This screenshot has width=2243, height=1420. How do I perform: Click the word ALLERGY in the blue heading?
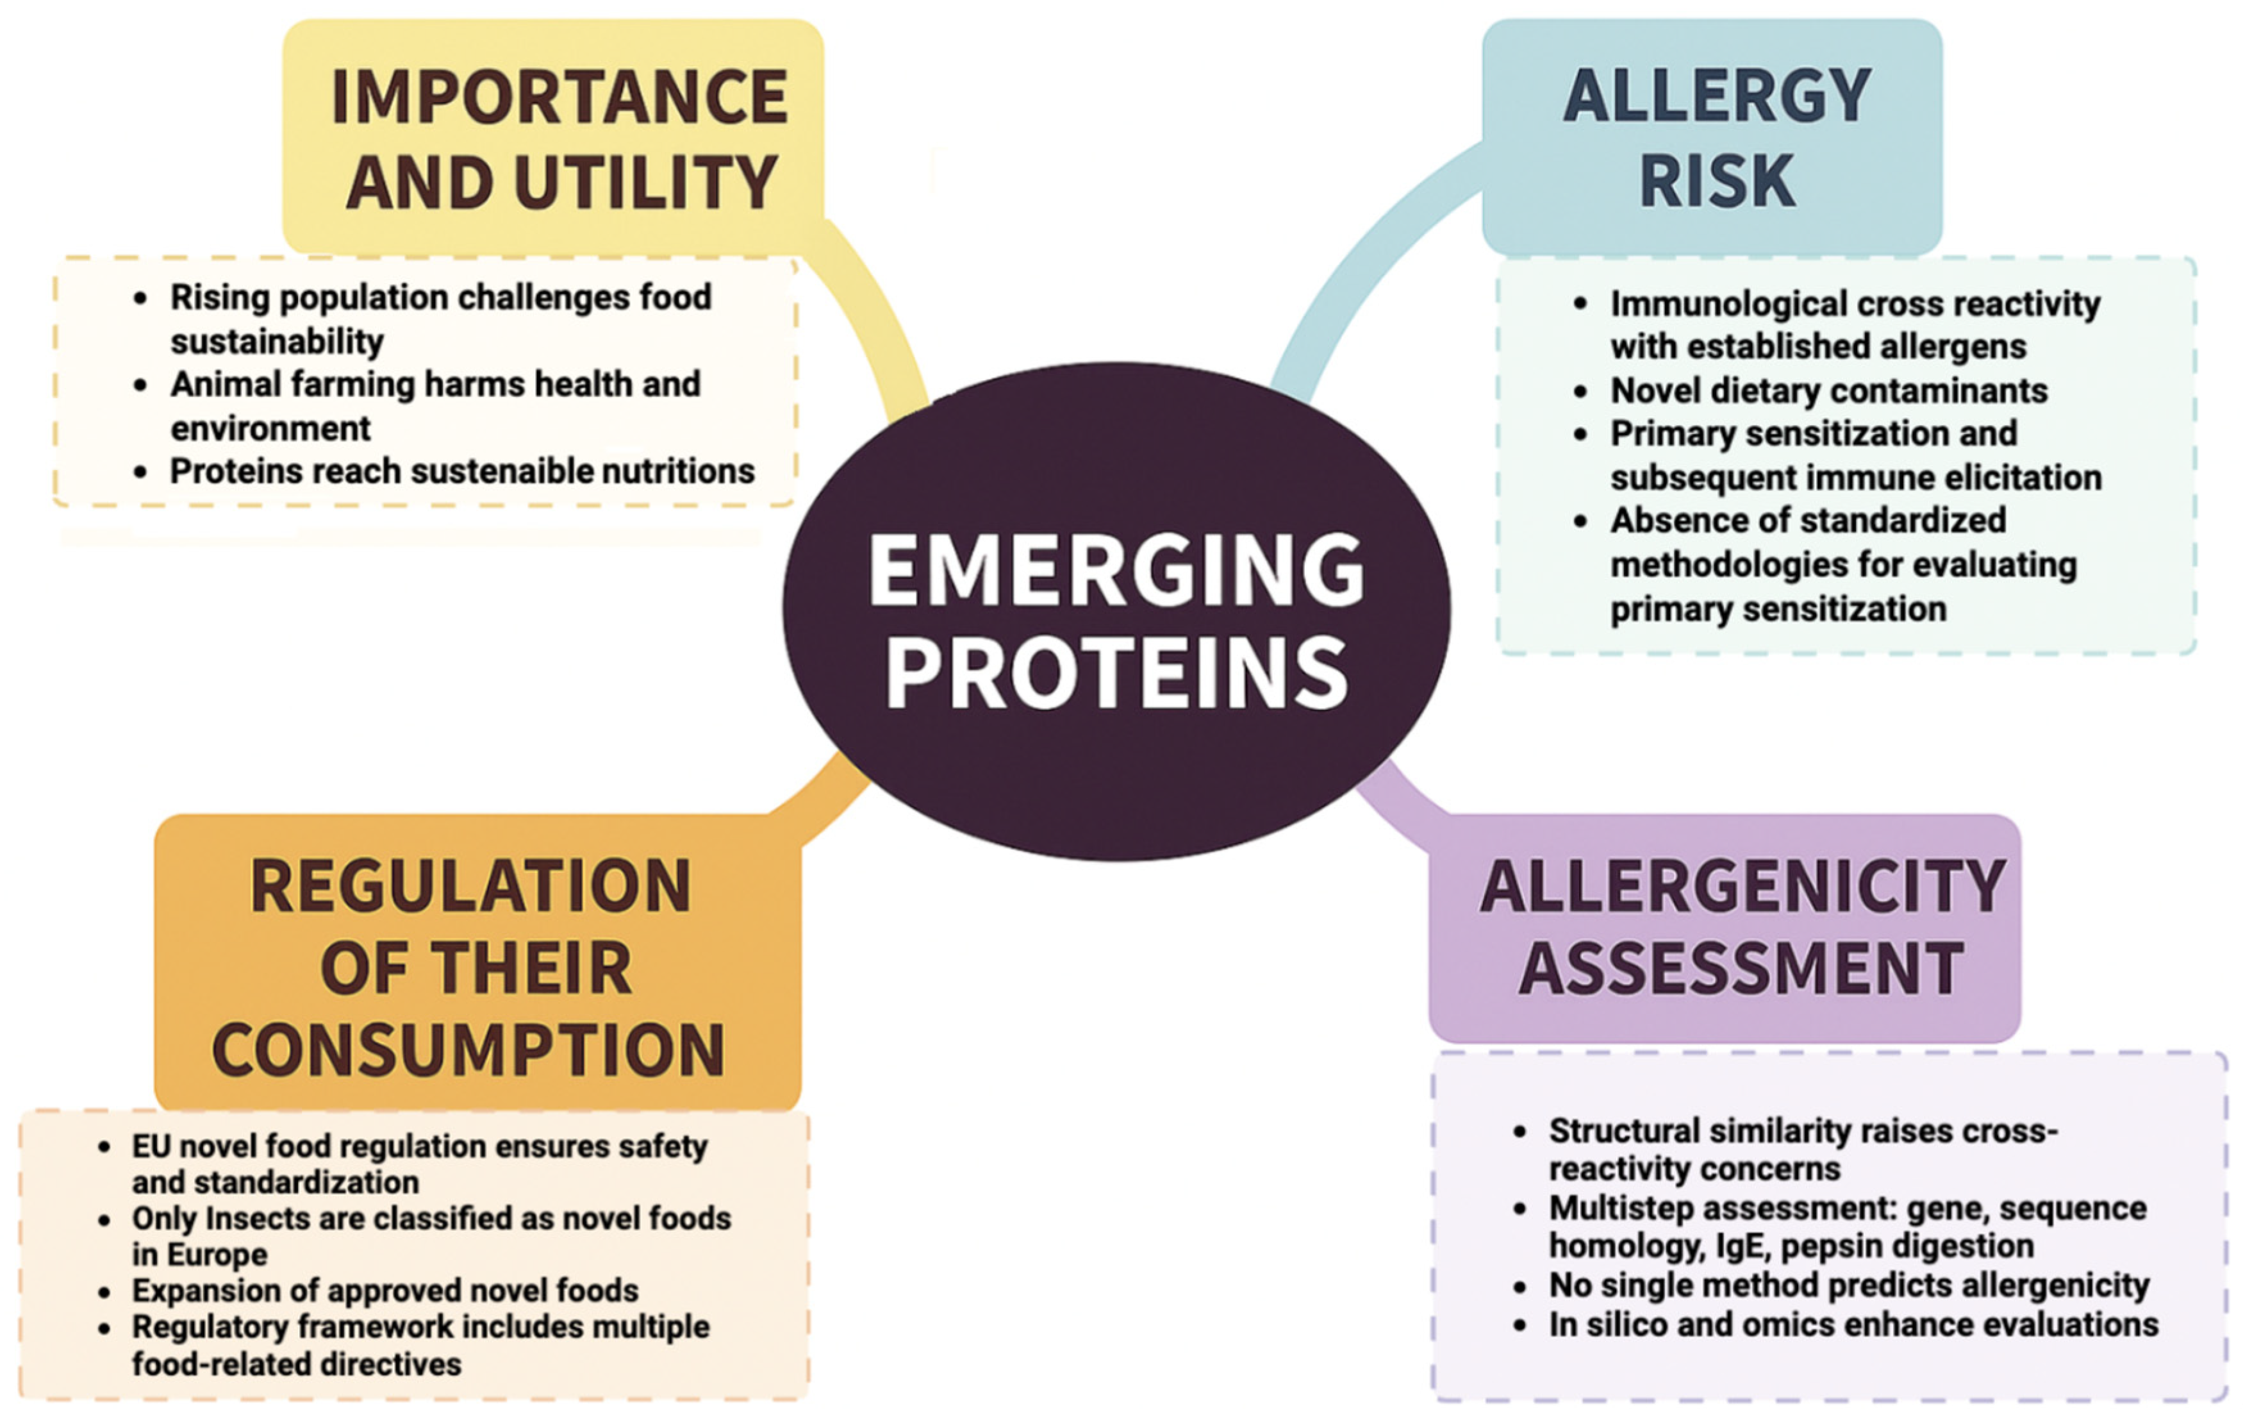click(x=1717, y=96)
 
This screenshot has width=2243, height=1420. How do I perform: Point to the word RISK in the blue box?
click(x=1717, y=180)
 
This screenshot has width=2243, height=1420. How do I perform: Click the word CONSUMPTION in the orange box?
click(x=468, y=1050)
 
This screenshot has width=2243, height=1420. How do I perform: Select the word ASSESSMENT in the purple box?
click(x=1742, y=969)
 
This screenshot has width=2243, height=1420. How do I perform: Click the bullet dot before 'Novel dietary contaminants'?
click(x=1581, y=391)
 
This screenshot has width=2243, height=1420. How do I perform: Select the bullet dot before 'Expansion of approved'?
click(x=104, y=1292)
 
